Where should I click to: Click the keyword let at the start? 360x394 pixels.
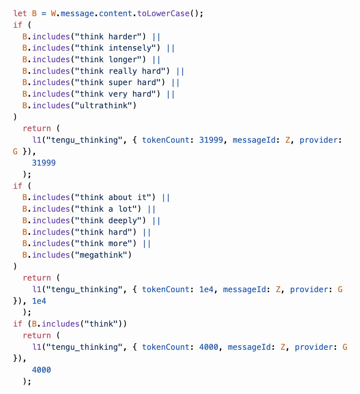(20, 13)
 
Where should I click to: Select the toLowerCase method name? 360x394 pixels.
(163, 13)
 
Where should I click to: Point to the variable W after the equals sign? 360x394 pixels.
(53, 13)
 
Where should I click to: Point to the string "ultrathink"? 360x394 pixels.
(104, 106)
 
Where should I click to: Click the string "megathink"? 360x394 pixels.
(101, 255)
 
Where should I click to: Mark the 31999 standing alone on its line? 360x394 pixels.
(44, 163)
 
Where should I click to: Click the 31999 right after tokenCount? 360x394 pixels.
(211, 140)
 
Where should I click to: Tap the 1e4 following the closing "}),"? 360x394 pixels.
(39, 301)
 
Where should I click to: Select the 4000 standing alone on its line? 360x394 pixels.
(41, 370)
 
